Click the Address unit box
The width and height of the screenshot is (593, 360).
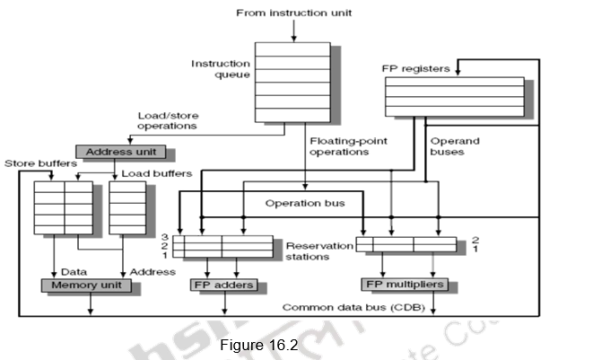[115, 152]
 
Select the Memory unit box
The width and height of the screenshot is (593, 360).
[86, 285]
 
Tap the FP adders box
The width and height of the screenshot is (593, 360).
[225, 285]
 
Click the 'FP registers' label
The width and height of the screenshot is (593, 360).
[416, 67]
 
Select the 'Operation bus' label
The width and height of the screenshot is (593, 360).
[305, 203]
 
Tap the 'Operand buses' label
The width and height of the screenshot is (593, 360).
[455, 147]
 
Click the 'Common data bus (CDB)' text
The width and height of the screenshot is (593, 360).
[354, 307]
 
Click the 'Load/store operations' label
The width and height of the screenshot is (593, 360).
[168, 121]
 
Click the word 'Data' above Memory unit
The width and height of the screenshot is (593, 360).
[74, 271]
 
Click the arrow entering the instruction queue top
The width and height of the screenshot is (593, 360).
[293, 34]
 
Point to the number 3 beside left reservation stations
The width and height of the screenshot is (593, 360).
[167, 237]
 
